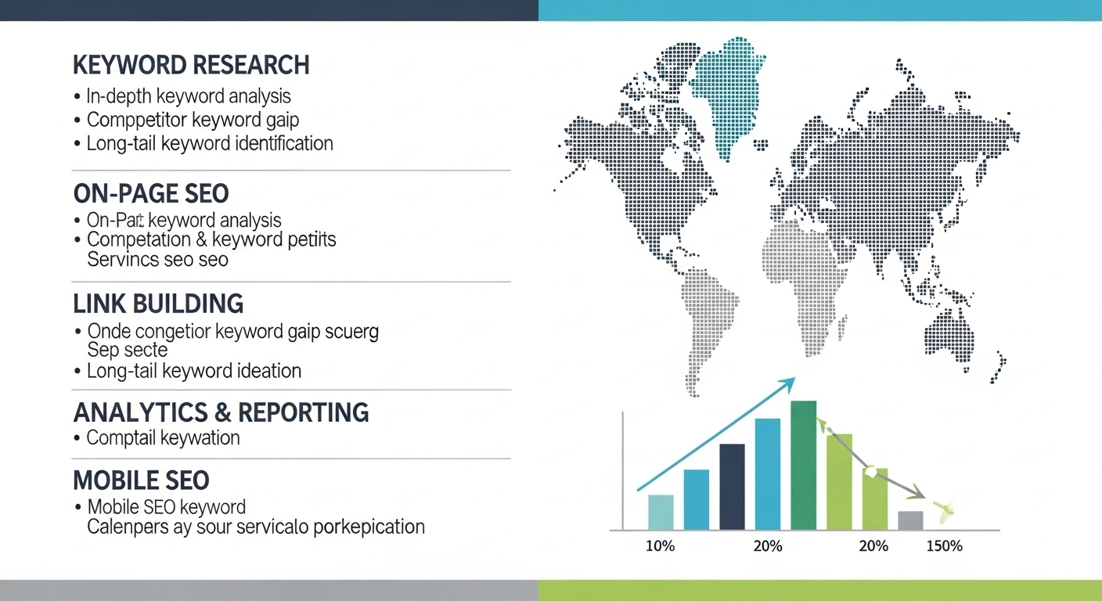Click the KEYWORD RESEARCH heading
[x=191, y=65]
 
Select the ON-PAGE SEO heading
[x=151, y=193]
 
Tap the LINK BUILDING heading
[x=158, y=304]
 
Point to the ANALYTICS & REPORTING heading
[x=221, y=412]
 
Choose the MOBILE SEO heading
[x=141, y=480]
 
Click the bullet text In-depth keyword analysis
[x=189, y=97]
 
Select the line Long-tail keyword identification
[x=210, y=144]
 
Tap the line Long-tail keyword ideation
[x=193, y=371]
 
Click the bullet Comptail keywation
[x=163, y=438]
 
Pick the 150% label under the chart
[x=944, y=546]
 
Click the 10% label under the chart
[x=660, y=546]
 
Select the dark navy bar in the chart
[x=732, y=487]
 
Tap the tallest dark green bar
[x=804, y=466]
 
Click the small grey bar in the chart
[x=910, y=520]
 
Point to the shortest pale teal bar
[x=661, y=513]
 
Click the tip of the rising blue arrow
[x=792, y=380]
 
